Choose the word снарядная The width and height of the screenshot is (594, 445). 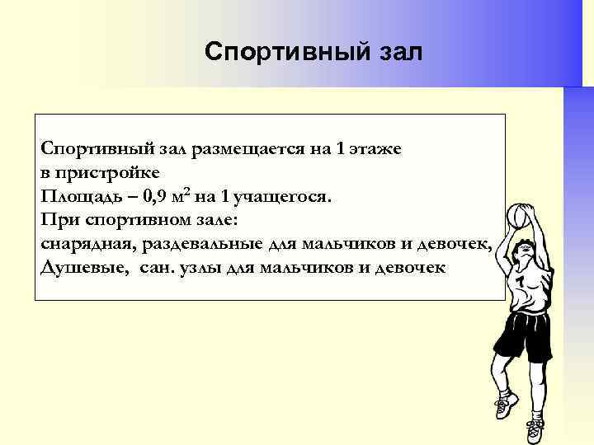pyautogui.click(x=88, y=245)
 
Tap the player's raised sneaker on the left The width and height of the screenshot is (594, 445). pyautogui.click(x=505, y=405)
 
